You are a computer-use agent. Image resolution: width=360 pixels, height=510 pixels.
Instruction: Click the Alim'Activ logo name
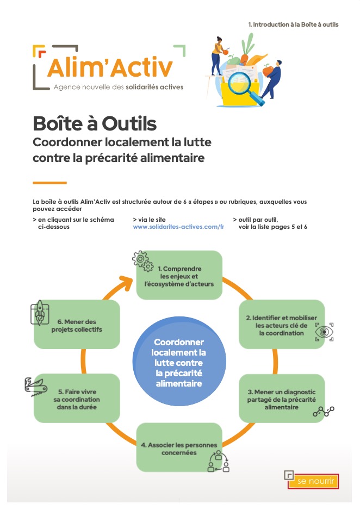pos(110,67)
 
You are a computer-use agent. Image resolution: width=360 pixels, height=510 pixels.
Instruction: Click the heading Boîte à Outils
pos(95,123)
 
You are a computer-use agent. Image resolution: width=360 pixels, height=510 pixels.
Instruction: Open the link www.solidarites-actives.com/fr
pos(178,227)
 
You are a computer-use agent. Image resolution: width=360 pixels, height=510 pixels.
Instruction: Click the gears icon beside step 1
pos(142,261)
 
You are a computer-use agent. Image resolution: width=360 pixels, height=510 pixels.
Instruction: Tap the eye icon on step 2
pos(324,332)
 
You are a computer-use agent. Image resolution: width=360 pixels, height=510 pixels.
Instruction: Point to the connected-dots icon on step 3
pos(323,412)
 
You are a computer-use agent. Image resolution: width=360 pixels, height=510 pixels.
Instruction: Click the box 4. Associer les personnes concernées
pos(179,447)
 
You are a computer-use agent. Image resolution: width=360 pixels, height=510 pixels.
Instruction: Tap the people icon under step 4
pos(219,461)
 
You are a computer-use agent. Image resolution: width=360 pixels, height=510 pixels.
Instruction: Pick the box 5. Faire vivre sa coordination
pos(77,399)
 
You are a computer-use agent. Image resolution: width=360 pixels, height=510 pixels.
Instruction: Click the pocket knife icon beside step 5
pos(35,384)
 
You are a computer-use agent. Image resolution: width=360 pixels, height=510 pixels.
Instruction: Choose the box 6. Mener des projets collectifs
pos(77,325)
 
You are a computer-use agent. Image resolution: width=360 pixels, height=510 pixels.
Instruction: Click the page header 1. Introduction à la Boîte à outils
pos(293,24)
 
